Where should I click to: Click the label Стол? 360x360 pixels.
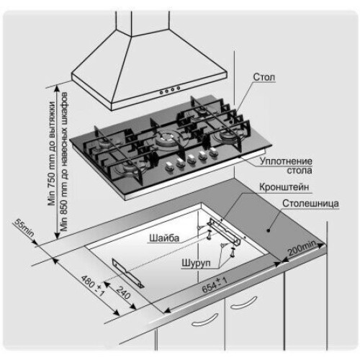coord(264,77)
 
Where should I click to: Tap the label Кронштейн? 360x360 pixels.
coord(284,187)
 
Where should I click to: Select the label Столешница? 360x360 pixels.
coord(310,204)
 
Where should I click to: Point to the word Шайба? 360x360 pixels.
coord(164,238)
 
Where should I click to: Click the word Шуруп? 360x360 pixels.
coord(196,263)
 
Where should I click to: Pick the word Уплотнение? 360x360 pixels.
coord(286,161)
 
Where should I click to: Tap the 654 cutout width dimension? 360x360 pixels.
coord(214,285)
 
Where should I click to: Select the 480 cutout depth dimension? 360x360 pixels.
coord(92,286)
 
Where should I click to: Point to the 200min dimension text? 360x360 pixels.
coord(302,248)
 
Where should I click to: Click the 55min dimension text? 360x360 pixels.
coord(24,228)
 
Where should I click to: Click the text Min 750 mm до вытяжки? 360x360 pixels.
coord(52,153)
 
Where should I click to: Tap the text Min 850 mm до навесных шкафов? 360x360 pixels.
coord(64,161)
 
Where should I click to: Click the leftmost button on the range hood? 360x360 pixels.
coord(162,92)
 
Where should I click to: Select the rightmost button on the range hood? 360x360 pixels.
coord(179,88)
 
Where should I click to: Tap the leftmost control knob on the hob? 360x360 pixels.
coord(169,166)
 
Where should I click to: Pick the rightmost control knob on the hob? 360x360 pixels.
coord(213,152)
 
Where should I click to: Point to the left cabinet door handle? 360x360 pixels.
coord(204,320)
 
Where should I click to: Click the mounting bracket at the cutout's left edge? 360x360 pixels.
coord(127,273)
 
